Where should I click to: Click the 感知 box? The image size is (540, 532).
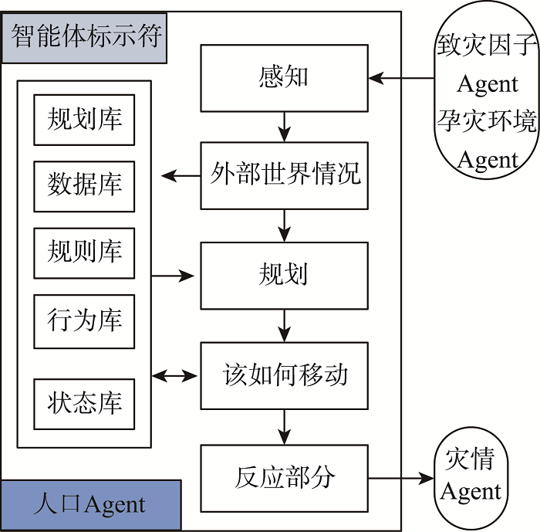pyautogui.click(x=284, y=78)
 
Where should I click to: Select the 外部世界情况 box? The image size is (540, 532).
pyautogui.click(x=284, y=175)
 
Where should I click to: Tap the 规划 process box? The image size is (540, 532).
pyautogui.click(x=284, y=276)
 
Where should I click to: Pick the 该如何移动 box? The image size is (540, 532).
pyautogui.click(x=284, y=376)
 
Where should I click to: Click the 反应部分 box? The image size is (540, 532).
pyautogui.click(x=284, y=477)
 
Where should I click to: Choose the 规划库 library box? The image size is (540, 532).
pyautogui.click(x=84, y=120)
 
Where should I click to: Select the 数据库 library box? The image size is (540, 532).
pyautogui.click(x=84, y=186)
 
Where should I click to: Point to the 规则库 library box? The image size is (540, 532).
pyautogui.click(x=84, y=252)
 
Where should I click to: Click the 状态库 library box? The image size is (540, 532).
pyautogui.click(x=84, y=404)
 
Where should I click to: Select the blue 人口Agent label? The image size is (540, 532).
pyautogui.click(x=90, y=505)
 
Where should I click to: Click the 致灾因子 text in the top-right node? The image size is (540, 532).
pyautogui.click(x=486, y=45)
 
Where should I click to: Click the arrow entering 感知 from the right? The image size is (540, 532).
pyautogui.click(x=401, y=78)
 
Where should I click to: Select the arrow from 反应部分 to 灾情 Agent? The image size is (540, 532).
pyautogui.click(x=401, y=479)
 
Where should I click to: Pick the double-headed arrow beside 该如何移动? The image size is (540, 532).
pyautogui.click(x=174, y=376)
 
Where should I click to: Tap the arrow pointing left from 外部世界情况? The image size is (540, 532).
pyautogui.click(x=181, y=176)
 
